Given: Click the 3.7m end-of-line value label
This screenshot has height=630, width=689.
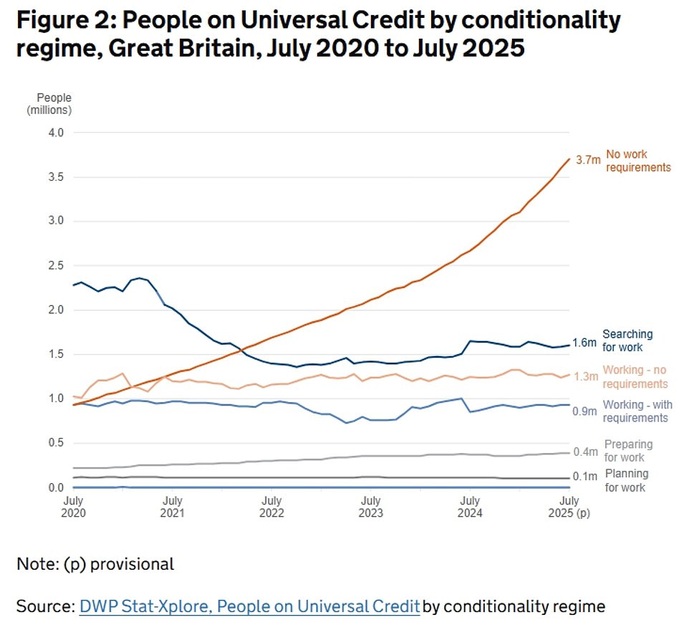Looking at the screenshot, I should coord(587,161).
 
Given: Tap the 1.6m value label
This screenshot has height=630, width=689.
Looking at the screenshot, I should coord(584,343).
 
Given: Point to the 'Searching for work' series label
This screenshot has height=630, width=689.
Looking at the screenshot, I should coord(627,340).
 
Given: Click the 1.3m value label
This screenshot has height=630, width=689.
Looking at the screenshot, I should coord(587,376).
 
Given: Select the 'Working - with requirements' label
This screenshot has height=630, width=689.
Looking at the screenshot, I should coord(637,411).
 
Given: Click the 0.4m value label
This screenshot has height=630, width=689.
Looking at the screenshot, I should coord(586,452).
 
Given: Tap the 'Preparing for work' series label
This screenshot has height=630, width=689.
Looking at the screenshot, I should coord(628,451).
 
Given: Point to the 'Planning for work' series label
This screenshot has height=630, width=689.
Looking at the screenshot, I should coord(626,480).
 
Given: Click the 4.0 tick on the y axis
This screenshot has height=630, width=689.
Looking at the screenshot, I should coord(57,133).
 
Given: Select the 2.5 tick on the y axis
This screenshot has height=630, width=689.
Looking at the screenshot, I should coord(57,266).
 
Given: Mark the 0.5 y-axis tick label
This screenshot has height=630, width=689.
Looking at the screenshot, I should coord(57,443).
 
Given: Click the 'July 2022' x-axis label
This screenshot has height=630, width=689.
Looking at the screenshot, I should coord(271,507).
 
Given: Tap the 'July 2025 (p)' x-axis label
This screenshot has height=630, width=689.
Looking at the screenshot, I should coord(569,507).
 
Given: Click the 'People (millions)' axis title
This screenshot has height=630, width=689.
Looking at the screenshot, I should coord(49,103).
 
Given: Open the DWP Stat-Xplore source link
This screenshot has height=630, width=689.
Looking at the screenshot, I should coord(249,606).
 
